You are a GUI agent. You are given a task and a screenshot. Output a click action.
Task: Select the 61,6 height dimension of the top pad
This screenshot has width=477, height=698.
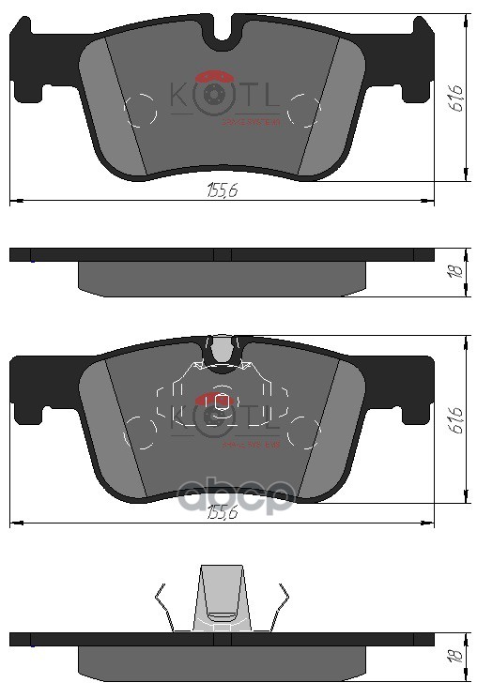coord(456,96)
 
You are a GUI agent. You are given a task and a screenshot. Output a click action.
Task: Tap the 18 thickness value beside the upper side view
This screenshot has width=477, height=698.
coord(454,271)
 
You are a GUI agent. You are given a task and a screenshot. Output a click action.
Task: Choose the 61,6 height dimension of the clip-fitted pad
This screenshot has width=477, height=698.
coord(456,419)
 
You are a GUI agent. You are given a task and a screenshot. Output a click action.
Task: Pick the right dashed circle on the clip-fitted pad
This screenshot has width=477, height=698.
coord(304,432)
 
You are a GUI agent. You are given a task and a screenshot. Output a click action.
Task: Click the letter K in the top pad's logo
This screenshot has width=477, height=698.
coord(178,96)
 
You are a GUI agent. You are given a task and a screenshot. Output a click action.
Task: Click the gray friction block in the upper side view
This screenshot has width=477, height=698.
coord(221,278)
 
